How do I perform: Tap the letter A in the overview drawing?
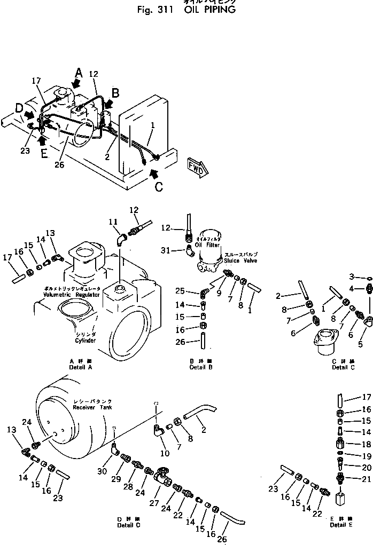point(79,72)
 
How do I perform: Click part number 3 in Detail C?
point(351,276)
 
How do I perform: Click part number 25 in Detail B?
point(180,290)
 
